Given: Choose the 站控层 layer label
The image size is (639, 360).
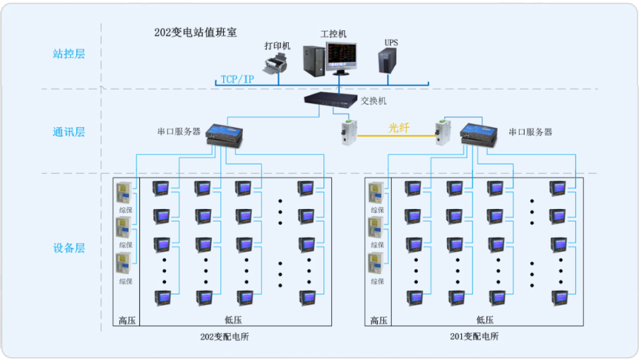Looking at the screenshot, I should (68, 54).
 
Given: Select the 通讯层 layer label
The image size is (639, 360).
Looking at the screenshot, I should (68, 131).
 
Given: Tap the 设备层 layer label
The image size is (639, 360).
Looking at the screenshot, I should (68, 248).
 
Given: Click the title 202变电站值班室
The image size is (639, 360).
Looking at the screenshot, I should (196, 32).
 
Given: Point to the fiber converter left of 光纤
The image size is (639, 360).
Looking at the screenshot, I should (347, 132).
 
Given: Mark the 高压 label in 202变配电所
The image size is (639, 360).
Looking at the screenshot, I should (127, 320).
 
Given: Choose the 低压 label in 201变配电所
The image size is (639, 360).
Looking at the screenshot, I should (485, 320).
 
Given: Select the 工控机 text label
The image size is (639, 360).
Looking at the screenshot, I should (333, 33).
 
